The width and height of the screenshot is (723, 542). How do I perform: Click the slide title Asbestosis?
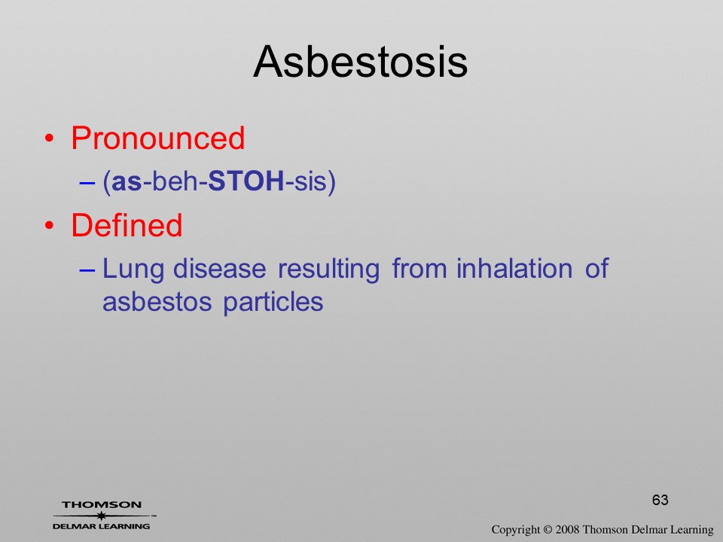click(361, 62)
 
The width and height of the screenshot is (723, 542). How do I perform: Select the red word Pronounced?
click(157, 138)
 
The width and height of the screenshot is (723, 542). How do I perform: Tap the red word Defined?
click(127, 225)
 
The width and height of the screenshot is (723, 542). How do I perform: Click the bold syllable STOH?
click(246, 181)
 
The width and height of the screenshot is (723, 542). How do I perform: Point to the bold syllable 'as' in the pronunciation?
click(127, 182)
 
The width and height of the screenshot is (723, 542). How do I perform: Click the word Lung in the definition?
click(133, 269)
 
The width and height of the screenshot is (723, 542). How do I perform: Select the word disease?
click(219, 269)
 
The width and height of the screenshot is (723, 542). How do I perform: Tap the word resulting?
click(329, 269)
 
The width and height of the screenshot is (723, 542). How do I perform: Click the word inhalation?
click(514, 269)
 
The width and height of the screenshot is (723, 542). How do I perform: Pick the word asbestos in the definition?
click(157, 303)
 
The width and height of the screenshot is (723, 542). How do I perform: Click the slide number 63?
click(660, 500)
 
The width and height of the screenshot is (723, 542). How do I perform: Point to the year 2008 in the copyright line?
click(568, 529)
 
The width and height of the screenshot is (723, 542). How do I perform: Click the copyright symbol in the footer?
click(548, 529)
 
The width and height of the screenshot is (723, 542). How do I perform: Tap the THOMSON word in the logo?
click(102, 504)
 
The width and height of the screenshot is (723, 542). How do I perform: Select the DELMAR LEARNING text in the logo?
click(102, 526)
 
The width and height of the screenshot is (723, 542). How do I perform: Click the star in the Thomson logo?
click(102, 516)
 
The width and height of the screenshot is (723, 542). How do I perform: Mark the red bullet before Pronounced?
click(49, 139)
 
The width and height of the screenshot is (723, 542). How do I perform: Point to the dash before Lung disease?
click(87, 270)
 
